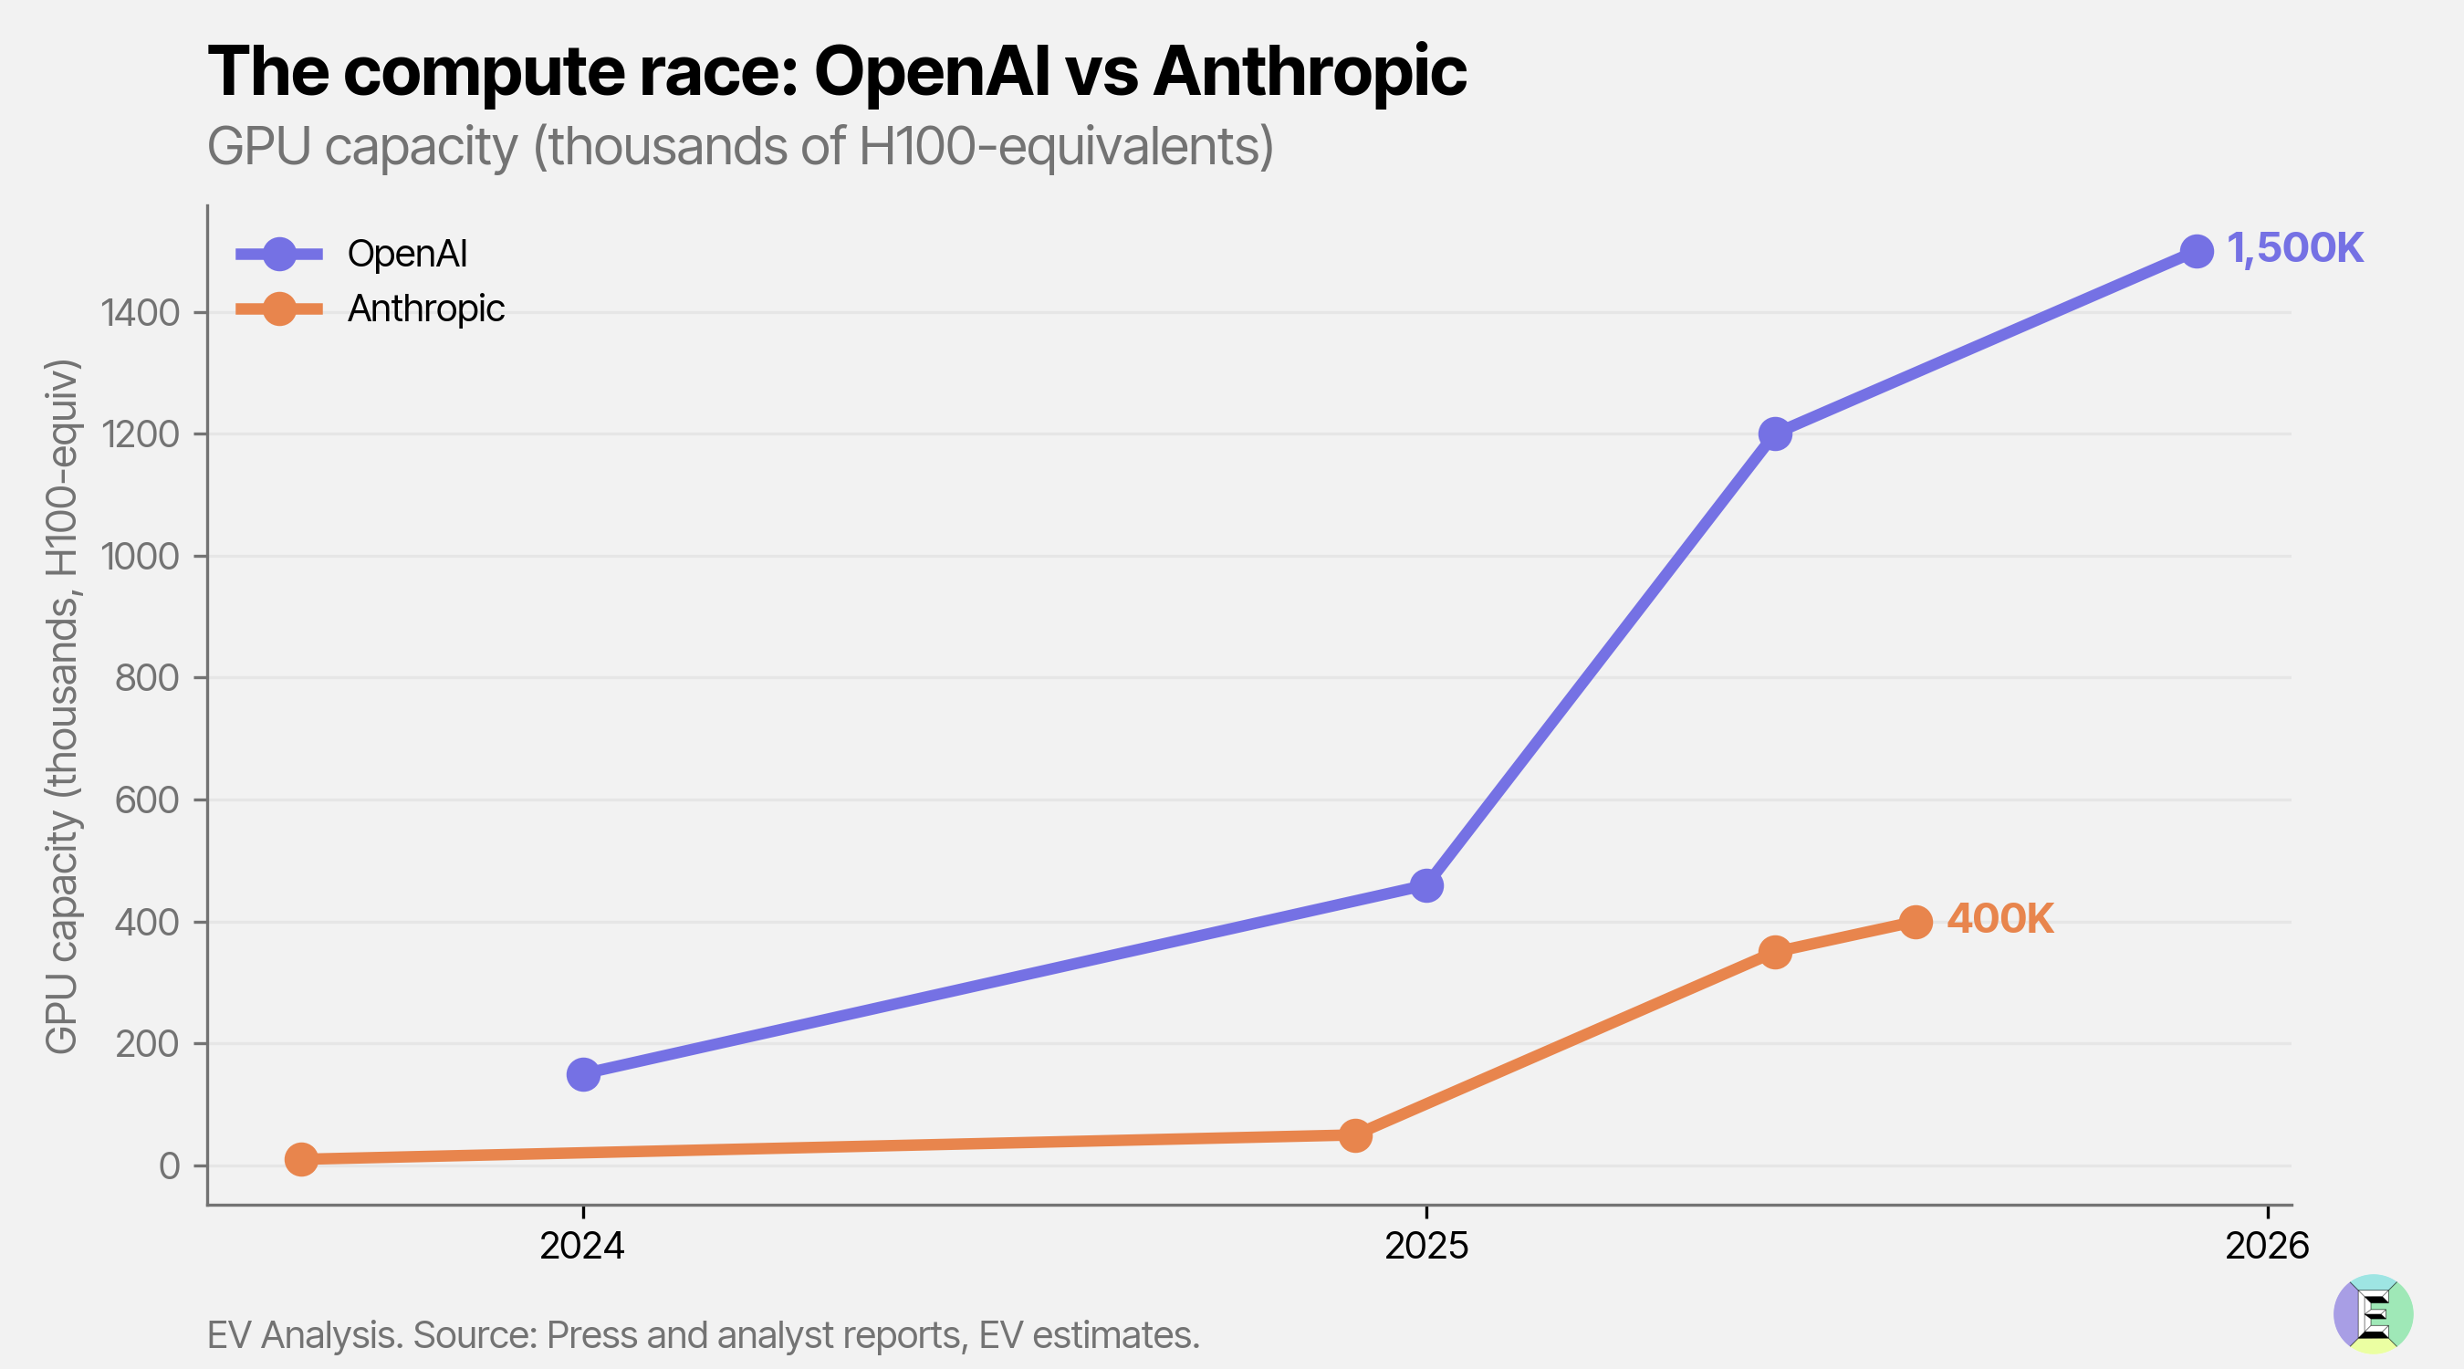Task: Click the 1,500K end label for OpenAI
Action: click(2294, 249)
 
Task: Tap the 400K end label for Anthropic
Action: click(1999, 919)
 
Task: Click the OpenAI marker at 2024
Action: click(583, 1074)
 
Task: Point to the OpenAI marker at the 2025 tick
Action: click(1426, 886)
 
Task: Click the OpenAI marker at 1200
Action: click(1774, 434)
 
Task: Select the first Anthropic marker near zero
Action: click(301, 1159)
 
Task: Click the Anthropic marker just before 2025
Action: click(1354, 1135)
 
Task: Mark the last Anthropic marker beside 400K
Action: click(1915, 922)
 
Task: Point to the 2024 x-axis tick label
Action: click(581, 1246)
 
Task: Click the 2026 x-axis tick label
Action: click(2266, 1246)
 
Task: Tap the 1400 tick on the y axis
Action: click(141, 313)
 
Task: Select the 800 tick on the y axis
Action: click(146, 678)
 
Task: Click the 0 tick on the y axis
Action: click(170, 1166)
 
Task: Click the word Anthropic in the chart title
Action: click(1309, 72)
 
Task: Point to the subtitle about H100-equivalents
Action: click(739, 146)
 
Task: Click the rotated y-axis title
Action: click(62, 706)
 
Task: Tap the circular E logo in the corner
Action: click(2373, 1313)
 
